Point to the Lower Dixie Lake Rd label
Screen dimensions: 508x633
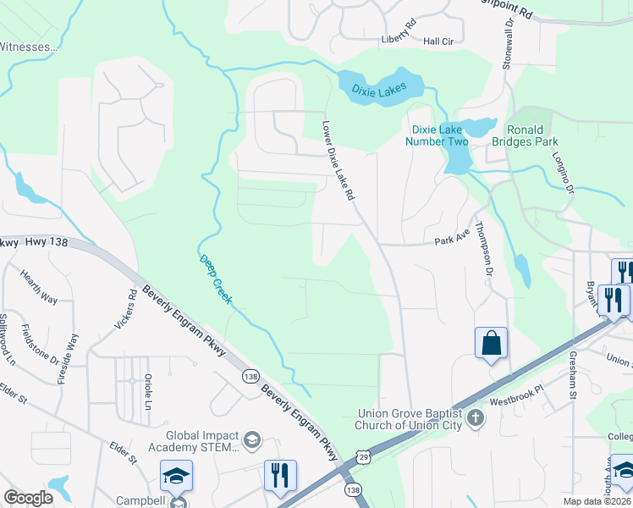coord(338,160)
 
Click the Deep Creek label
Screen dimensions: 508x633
coord(215,279)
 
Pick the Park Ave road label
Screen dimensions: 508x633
coord(451,240)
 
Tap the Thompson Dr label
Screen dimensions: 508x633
coord(483,247)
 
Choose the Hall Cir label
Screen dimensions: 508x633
coord(438,41)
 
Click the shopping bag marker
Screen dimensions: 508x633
coord(491,344)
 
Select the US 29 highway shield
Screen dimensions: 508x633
coord(363,457)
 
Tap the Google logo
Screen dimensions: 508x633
coord(28,498)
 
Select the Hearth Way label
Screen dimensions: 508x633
coord(40,288)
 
